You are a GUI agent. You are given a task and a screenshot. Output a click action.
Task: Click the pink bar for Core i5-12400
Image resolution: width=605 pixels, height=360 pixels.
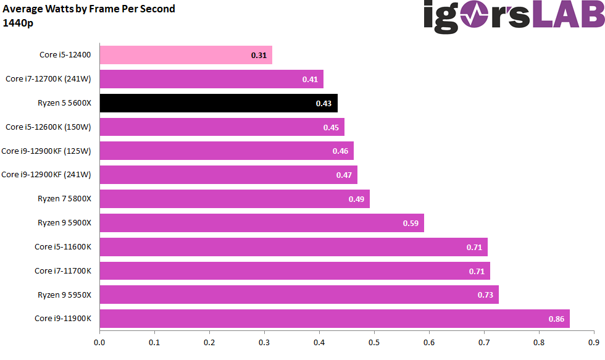point(185,55)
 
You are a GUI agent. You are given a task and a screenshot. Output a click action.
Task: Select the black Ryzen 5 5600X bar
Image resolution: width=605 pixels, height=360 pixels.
point(219,103)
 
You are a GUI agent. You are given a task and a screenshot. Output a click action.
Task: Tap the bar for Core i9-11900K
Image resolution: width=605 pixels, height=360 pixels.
point(334,319)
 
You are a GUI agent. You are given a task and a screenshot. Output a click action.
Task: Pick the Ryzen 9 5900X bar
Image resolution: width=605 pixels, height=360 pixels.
point(262,223)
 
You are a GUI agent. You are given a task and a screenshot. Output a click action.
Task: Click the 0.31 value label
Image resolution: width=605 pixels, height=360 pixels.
point(259,56)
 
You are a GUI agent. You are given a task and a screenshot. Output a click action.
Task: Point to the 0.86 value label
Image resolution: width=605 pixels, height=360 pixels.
point(556,319)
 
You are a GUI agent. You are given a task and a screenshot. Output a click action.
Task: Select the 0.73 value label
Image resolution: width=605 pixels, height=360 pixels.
point(485,295)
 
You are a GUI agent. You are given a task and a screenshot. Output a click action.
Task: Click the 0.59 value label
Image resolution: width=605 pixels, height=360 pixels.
point(411,223)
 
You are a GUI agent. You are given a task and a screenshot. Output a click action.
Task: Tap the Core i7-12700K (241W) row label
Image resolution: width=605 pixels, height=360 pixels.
point(48,79)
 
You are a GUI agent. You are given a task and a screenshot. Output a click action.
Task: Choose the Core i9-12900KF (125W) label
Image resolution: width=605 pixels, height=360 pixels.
point(46,151)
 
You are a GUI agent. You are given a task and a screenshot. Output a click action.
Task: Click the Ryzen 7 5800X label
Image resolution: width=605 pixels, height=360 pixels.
point(64,199)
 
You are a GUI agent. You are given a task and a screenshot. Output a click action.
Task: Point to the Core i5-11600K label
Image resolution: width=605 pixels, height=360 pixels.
point(63,247)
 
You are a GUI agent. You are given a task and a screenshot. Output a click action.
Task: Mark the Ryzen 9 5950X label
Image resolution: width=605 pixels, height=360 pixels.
point(64,295)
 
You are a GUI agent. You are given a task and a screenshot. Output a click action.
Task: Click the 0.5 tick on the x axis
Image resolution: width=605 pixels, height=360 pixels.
point(374,341)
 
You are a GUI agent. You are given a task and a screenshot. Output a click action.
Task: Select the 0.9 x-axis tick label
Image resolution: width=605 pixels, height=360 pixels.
point(594,341)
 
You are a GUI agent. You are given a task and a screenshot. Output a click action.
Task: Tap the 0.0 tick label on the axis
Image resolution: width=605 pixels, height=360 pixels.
point(99,341)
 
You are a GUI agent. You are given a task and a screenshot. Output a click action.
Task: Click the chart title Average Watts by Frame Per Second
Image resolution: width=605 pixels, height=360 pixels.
point(89,9)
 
